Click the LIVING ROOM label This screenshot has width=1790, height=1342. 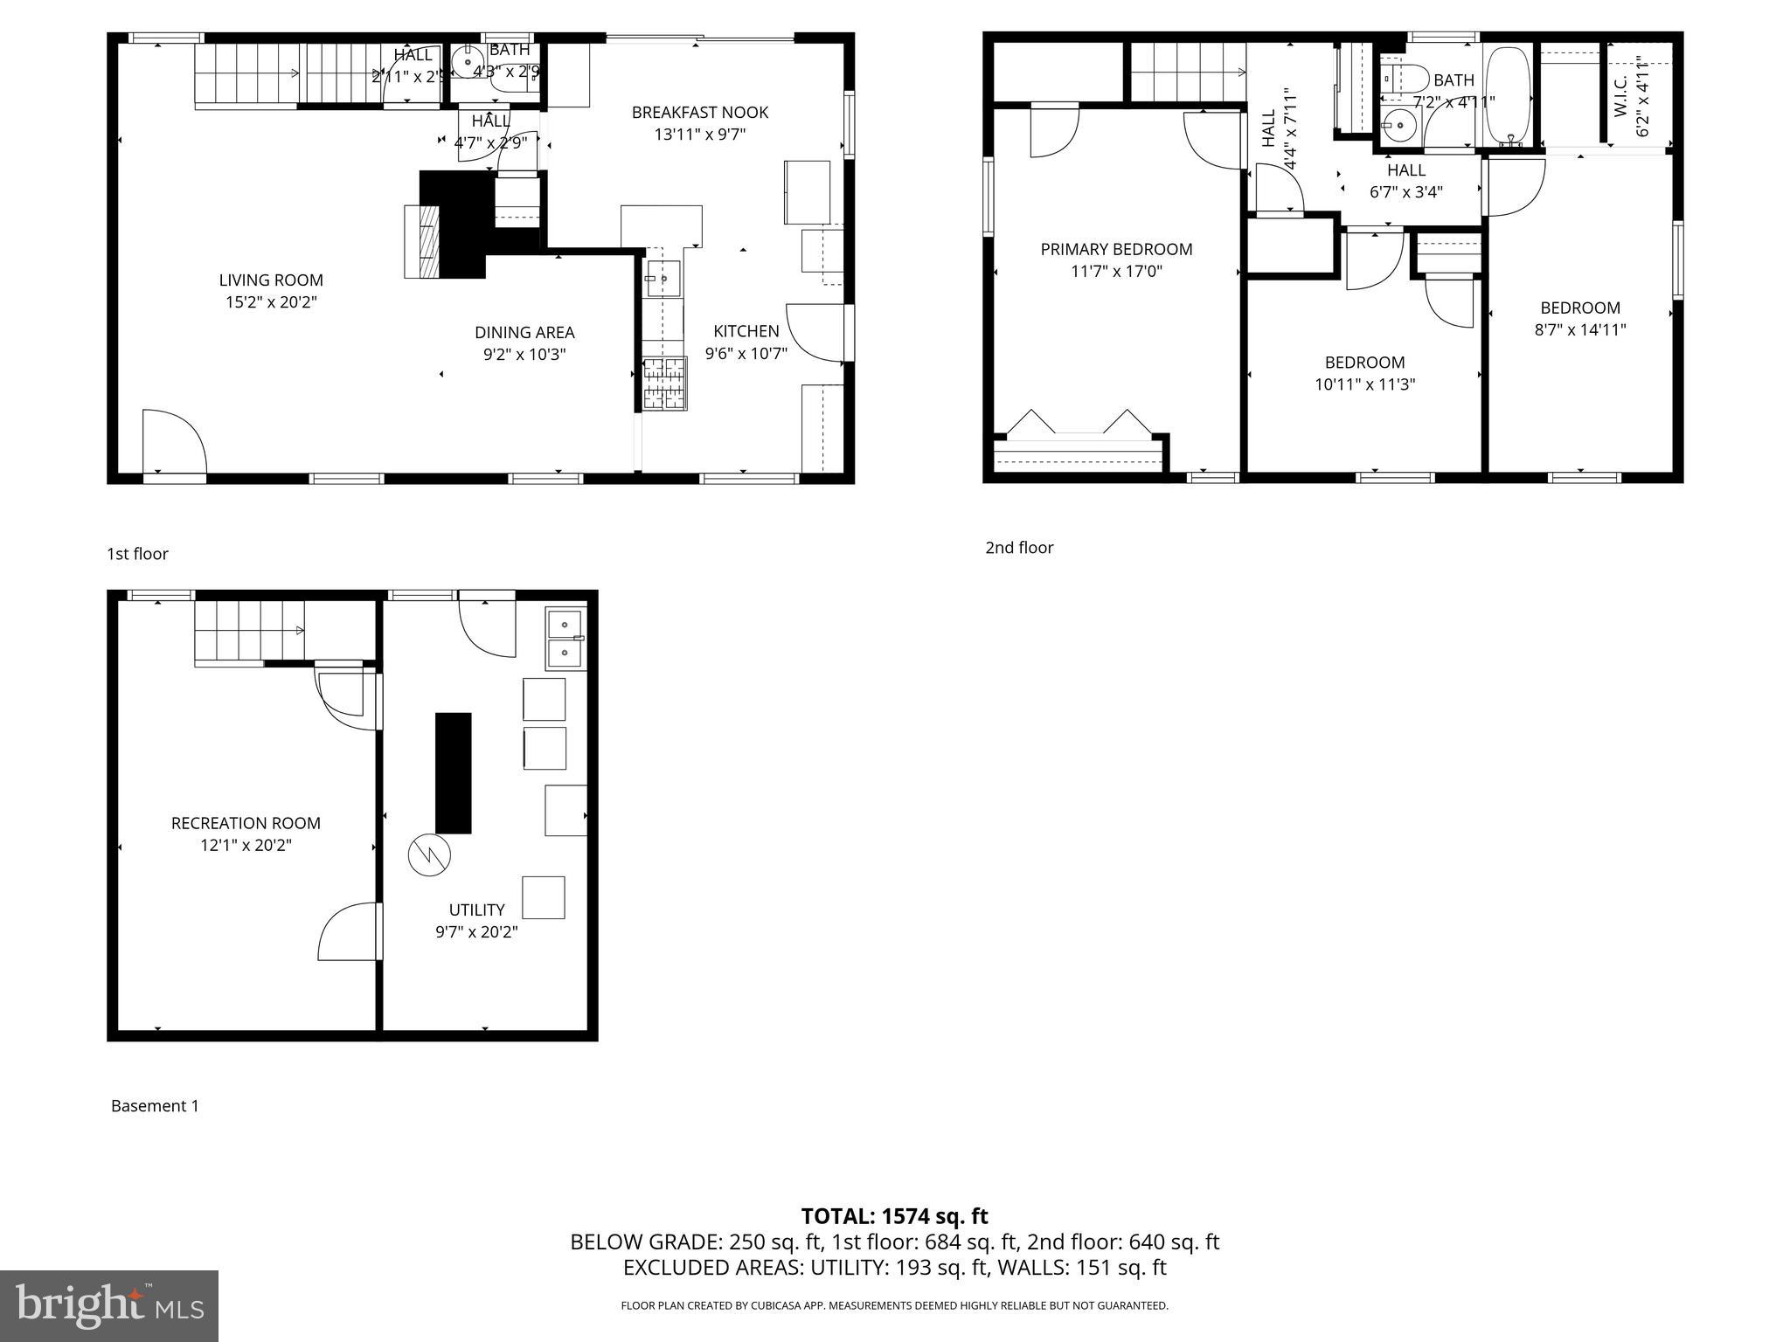pos(271,280)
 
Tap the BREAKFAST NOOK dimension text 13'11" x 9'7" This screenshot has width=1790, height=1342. pos(699,135)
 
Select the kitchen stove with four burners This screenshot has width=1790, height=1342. pos(665,384)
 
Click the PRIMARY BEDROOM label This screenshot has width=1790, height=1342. pos(1116,249)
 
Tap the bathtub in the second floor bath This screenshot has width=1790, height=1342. pos(1509,96)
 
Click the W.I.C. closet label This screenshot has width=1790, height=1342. pos(1620,96)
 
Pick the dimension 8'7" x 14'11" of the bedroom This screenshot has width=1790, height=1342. pos(1580,329)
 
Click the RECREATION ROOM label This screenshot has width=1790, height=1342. pos(246,823)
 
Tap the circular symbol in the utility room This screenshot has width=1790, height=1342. pos(429,854)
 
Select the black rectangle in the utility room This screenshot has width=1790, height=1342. pos(454,772)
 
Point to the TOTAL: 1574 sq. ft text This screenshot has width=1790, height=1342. pos(894,1216)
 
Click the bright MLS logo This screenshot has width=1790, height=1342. pos(109,1305)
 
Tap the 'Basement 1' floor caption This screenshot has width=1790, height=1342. pos(155,1105)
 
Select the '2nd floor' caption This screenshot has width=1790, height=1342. pos(1019,547)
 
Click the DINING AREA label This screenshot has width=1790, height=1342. pos(524,332)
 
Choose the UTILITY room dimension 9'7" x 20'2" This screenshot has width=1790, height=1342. pos(476,931)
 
